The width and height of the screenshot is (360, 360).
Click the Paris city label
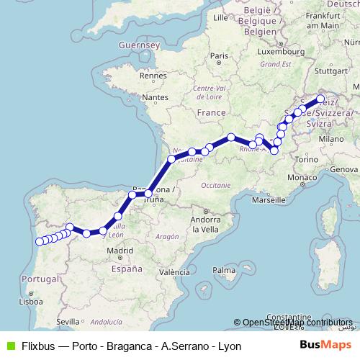(x=219, y=55)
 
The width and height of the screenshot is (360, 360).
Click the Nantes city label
(x=156, y=97)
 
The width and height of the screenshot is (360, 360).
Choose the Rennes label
(x=153, y=74)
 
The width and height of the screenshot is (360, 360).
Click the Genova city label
(x=345, y=168)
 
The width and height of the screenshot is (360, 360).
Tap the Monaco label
(x=302, y=177)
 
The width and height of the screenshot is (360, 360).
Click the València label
(x=174, y=273)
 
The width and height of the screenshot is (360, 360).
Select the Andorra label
(x=204, y=219)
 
